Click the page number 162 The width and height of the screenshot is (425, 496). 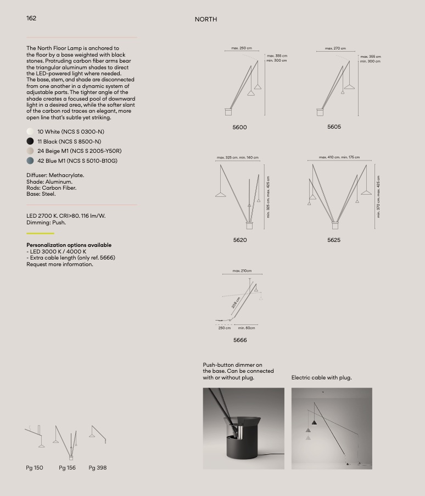pyautogui.click(x=31, y=18)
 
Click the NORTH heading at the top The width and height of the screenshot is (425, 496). pyautogui.click(x=206, y=19)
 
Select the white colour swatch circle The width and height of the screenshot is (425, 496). pyautogui.click(x=30, y=132)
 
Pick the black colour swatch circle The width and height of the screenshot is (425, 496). pyautogui.click(x=30, y=141)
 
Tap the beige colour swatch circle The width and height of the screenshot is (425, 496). pyautogui.click(x=30, y=151)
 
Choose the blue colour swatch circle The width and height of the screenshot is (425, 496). pyautogui.click(x=30, y=161)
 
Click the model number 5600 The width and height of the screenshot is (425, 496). pyautogui.click(x=240, y=128)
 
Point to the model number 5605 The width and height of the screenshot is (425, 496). pyautogui.click(x=334, y=127)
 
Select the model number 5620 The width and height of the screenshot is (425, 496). pyautogui.click(x=240, y=240)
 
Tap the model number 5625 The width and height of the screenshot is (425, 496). pyautogui.click(x=334, y=240)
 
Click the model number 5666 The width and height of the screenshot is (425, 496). pyautogui.click(x=240, y=340)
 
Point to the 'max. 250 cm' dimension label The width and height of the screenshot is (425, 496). pyautogui.click(x=242, y=48)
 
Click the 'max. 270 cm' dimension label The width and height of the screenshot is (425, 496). pyautogui.click(x=335, y=48)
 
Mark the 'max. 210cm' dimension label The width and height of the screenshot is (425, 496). pyautogui.click(x=242, y=271)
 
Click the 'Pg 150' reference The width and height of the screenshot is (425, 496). pyautogui.click(x=35, y=468)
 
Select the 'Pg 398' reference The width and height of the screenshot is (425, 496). pyautogui.click(x=98, y=468)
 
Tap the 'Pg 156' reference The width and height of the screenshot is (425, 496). pyautogui.click(x=67, y=468)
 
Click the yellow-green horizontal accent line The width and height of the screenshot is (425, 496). pyautogui.click(x=40, y=233)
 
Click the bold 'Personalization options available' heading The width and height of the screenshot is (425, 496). pyautogui.click(x=69, y=245)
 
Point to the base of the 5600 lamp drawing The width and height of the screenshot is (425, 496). pyautogui.click(x=228, y=112)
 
